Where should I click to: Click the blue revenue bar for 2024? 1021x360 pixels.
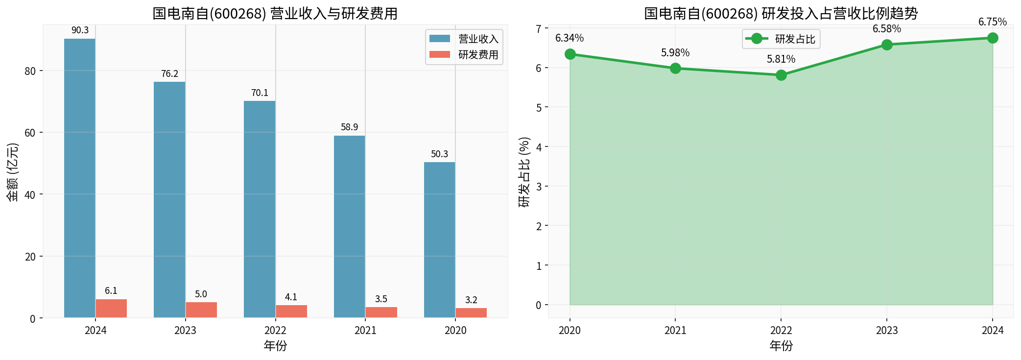[x=80, y=178]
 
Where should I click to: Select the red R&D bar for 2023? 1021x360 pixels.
[x=201, y=310]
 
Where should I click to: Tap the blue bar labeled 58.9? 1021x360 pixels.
[x=350, y=227]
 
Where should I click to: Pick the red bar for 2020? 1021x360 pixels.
[x=471, y=313]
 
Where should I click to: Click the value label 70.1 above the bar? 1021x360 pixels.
[x=260, y=93]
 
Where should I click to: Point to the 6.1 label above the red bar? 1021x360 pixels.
[x=111, y=291]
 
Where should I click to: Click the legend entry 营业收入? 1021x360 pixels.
[x=478, y=39]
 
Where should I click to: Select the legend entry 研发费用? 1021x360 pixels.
[x=478, y=54]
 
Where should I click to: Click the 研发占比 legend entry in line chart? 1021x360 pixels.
[x=794, y=39]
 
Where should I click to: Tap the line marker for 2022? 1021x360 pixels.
[x=781, y=75]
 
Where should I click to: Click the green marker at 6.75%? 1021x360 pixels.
[x=993, y=38]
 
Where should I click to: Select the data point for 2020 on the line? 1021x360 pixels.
[x=570, y=54]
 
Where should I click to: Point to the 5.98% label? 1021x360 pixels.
[x=675, y=53]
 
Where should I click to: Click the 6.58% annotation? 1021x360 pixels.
[x=887, y=29]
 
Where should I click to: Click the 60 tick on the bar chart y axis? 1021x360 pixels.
[x=30, y=133]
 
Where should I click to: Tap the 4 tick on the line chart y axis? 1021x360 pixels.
[x=539, y=147]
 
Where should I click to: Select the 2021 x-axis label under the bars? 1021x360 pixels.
[x=365, y=331]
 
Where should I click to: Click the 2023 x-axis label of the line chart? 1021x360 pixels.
[x=887, y=331]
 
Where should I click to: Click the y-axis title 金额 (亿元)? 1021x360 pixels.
[x=13, y=172]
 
